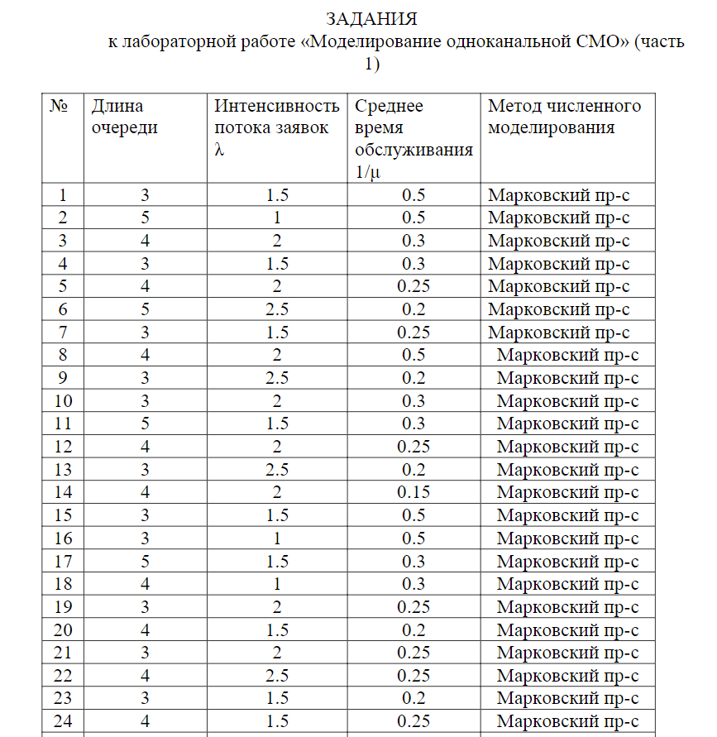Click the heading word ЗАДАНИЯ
click(x=370, y=18)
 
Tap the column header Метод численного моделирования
click(x=564, y=117)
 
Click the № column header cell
click(x=59, y=106)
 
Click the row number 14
click(x=63, y=492)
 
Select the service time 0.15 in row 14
click(x=413, y=492)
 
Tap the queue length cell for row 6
click(x=145, y=309)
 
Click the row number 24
click(x=63, y=720)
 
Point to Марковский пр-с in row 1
click(x=558, y=195)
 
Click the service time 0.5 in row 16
click(x=413, y=538)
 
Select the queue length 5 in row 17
click(x=145, y=561)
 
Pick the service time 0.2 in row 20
click(x=413, y=629)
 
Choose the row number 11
click(x=63, y=424)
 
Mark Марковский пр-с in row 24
click(x=567, y=720)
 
